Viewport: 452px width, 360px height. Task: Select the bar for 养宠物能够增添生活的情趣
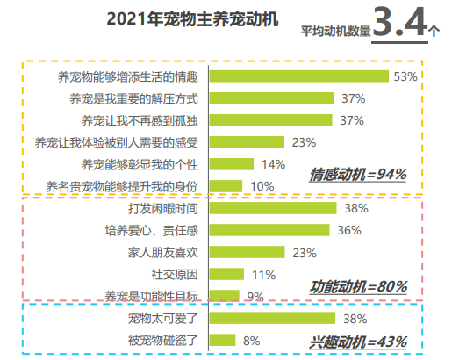(x=299, y=76)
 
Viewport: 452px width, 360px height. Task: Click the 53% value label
(x=405, y=76)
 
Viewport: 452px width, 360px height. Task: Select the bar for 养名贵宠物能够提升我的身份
(x=226, y=185)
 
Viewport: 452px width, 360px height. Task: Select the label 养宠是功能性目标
(x=152, y=296)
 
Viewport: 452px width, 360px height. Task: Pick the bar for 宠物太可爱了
(x=275, y=318)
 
